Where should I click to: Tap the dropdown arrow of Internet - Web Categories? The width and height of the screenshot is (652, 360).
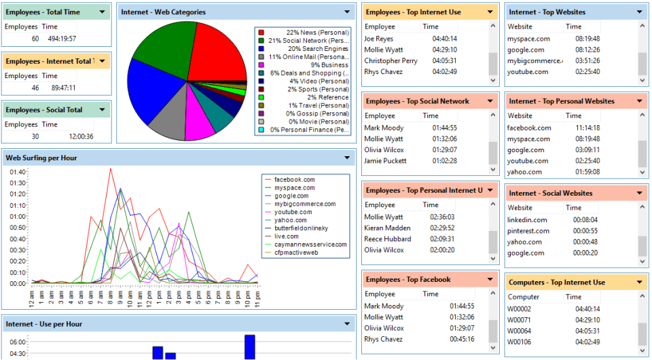tap(347, 12)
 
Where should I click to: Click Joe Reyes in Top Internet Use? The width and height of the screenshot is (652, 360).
tap(379, 39)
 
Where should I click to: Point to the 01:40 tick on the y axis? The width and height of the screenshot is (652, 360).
tap(18, 172)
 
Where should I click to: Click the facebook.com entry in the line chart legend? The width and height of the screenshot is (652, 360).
tap(294, 179)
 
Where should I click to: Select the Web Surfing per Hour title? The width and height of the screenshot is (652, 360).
tap(41, 158)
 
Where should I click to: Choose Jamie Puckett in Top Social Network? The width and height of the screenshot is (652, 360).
tap(385, 161)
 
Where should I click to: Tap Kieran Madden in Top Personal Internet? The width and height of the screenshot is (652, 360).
tap(388, 228)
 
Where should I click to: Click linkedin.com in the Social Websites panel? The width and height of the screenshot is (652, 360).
tap(527, 220)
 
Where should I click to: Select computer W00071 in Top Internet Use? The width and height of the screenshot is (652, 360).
tap(519, 320)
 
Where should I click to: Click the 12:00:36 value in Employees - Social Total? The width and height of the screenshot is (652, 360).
tap(81, 137)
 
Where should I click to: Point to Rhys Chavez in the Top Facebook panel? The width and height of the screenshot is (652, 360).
tap(384, 339)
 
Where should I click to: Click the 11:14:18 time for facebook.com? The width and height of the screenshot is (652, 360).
tap(587, 128)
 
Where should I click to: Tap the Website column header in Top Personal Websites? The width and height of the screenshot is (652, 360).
tap(520, 115)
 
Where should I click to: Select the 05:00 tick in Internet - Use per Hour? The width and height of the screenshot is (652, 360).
tap(18, 342)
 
